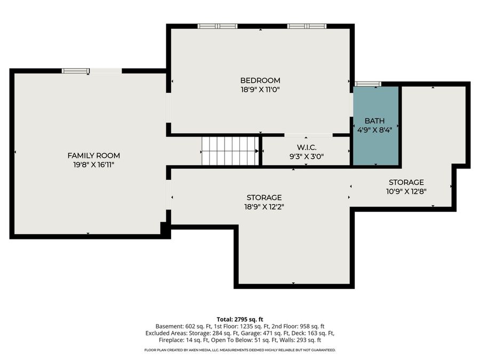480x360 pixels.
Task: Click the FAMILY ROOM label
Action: pos(94,156)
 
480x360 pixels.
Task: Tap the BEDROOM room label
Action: pos(260,81)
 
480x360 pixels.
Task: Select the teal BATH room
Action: pos(376,126)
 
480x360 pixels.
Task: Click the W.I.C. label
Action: pos(307,148)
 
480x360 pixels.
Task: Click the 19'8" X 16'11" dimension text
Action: pos(94,165)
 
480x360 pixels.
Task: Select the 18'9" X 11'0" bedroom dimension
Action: pos(260,90)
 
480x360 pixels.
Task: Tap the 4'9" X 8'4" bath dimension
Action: pos(375,130)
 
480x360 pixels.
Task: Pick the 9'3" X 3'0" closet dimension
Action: pos(307,157)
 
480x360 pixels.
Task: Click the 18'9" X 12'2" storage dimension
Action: pos(264,207)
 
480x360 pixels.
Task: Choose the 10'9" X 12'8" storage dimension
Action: pos(406,191)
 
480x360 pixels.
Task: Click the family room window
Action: pos(76,71)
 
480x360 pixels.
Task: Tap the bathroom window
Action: pos(367,84)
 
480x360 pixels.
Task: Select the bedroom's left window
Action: pos(218,26)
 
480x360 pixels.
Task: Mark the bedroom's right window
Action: pos(307,26)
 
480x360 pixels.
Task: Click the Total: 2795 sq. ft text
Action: pos(239,319)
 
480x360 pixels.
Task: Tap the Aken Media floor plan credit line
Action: pos(239,350)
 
